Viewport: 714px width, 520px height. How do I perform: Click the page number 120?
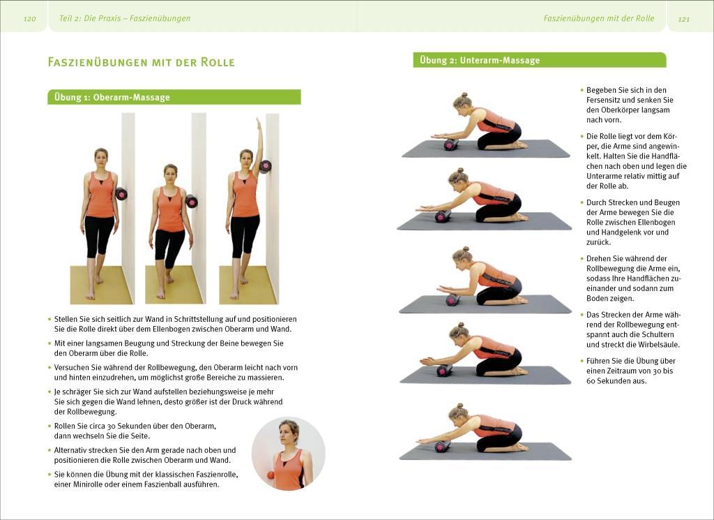point(29,19)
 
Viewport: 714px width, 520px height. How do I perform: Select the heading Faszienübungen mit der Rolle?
point(141,62)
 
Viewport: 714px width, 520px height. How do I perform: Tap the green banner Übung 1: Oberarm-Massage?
point(174,97)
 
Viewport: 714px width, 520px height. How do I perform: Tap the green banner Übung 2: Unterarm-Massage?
point(538,60)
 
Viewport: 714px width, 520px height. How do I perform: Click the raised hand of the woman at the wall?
point(259,123)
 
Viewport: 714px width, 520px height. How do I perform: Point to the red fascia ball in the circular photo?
point(271,475)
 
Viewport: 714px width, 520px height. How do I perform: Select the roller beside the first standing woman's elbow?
point(122,193)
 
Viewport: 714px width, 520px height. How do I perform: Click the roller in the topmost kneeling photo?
point(450,144)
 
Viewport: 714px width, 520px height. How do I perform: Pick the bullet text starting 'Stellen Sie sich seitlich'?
point(175,324)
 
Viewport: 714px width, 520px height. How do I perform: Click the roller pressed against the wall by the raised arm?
point(265,166)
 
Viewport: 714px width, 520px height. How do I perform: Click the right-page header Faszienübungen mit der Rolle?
point(598,18)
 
